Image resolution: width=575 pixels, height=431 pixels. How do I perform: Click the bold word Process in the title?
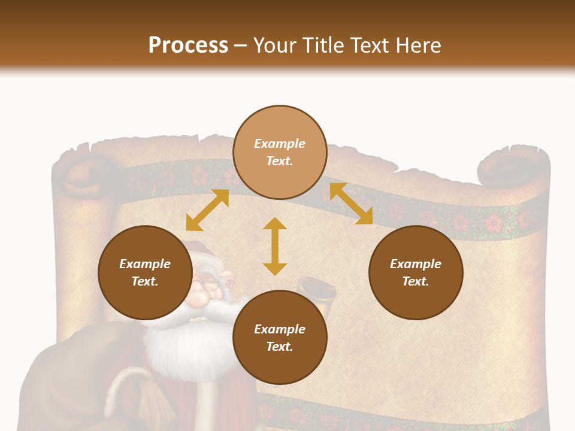point(188,45)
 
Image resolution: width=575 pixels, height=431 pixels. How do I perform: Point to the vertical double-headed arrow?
point(275,246)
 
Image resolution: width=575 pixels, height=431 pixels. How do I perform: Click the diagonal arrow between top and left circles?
point(207,210)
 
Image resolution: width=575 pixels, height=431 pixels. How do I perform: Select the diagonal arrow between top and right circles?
point(351,204)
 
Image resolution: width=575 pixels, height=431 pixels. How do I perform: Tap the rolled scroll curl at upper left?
point(84,174)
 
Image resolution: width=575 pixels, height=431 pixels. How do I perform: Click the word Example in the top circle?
point(280,144)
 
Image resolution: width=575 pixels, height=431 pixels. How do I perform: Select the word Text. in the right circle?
point(416,281)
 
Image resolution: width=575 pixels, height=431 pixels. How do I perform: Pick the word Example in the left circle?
point(145,264)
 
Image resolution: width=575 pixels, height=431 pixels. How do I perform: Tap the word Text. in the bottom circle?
point(280,347)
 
